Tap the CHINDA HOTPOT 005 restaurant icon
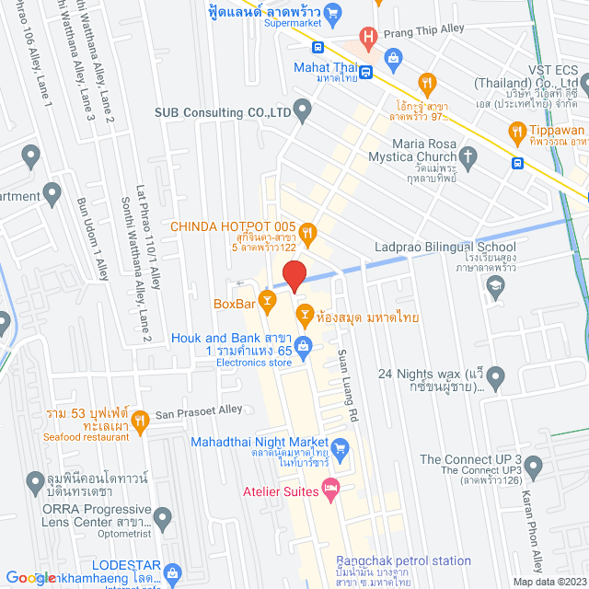(307, 233)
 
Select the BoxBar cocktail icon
(266, 299)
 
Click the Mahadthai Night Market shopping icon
(341, 448)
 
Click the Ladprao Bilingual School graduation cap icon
(496, 287)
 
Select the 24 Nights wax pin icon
(496, 376)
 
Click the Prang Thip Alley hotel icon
(369, 38)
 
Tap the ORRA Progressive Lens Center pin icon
(163, 518)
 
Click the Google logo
(29, 577)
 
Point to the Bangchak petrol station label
(403, 560)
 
